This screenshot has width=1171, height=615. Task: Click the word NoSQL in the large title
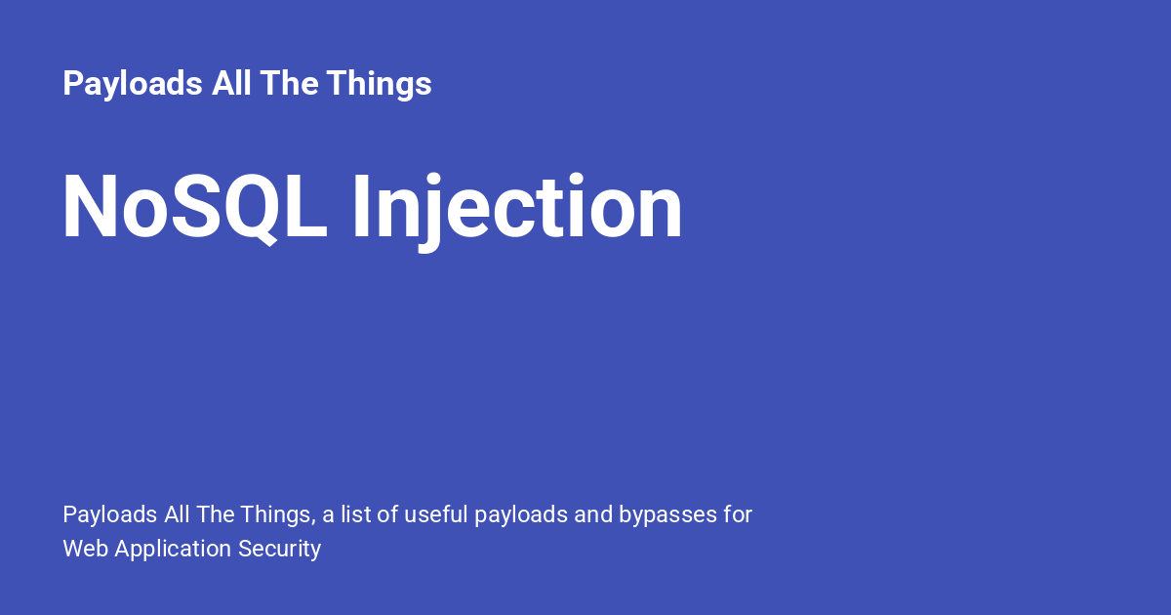[x=195, y=207]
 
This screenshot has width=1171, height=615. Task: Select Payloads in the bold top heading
[x=133, y=84]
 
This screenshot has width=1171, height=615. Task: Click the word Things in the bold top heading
[x=379, y=84]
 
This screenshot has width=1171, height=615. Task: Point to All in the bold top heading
[x=231, y=83]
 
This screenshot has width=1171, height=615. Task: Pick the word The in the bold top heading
[x=289, y=83]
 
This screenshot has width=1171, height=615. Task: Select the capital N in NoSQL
[x=90, y=207]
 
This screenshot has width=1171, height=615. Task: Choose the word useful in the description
[x=436, y=514]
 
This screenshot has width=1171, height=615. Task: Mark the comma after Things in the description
[x=313, y=523]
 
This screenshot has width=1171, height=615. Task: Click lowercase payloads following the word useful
[x=521, y=515]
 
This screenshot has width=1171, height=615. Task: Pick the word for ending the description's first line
[x=738, y=514]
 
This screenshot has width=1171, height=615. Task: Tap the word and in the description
[x=593, y=514]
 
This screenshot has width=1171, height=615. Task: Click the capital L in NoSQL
[x=305, y=207]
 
